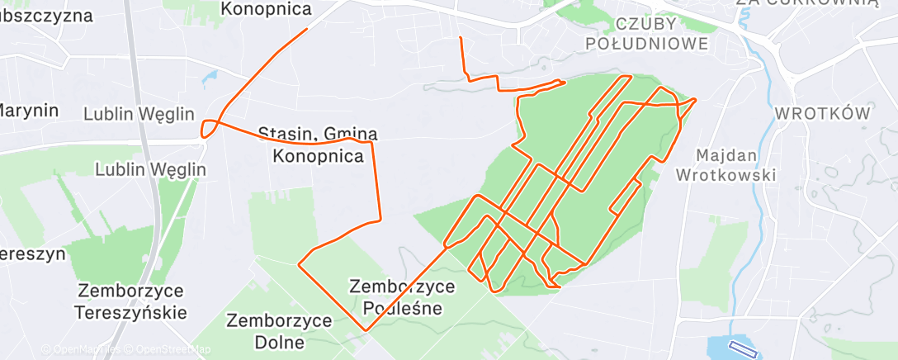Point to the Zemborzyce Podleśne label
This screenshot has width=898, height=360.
(x=403, y=297)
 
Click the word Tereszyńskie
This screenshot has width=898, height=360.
(x=130, y=313)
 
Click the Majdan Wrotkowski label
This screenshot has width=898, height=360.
(x=725, y=164)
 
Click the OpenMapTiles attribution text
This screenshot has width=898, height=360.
(x=86, y=350)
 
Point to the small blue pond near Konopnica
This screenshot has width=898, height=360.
(x=208, y=76)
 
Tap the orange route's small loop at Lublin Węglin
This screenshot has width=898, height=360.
(x=210, y=128)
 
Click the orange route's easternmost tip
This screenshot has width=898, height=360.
(x=696, y=100)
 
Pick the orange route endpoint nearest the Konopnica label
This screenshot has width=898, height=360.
(x=307, y=30)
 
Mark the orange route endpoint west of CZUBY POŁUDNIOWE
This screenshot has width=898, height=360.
(x=461, y=38)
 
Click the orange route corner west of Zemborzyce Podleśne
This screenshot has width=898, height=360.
(x=299, y=265)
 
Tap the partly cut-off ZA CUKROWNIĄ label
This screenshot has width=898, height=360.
(x=806, y=3)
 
